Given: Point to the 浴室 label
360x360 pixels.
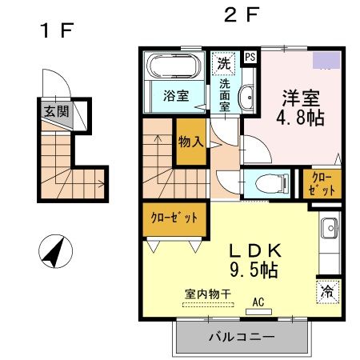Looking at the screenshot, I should [x=177, y=96].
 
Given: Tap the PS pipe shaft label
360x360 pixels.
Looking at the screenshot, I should [x=250, y=57].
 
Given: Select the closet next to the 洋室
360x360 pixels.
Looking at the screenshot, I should [x=323, y=183].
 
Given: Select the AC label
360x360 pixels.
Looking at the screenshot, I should [x=258, y=302].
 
